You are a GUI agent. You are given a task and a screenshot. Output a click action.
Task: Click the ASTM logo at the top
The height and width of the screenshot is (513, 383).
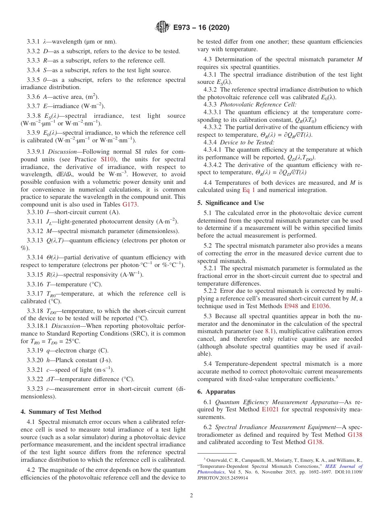(162, 27)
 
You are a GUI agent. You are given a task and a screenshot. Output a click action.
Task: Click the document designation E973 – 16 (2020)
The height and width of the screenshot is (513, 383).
(201, 28)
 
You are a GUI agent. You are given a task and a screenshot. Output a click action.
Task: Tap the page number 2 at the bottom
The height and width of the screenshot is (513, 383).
(191, 495)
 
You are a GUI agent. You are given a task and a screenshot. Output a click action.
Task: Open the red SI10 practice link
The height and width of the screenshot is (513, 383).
(107, 159)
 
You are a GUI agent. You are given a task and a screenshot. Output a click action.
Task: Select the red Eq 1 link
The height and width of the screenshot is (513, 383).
(248, 190)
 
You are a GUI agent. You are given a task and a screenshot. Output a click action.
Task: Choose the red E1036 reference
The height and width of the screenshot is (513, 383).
(321, 306)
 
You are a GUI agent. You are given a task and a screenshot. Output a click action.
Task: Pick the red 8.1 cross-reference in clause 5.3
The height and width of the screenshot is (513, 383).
(270, 331)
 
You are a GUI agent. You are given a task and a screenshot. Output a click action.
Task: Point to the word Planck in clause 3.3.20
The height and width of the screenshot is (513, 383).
(61, 360)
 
